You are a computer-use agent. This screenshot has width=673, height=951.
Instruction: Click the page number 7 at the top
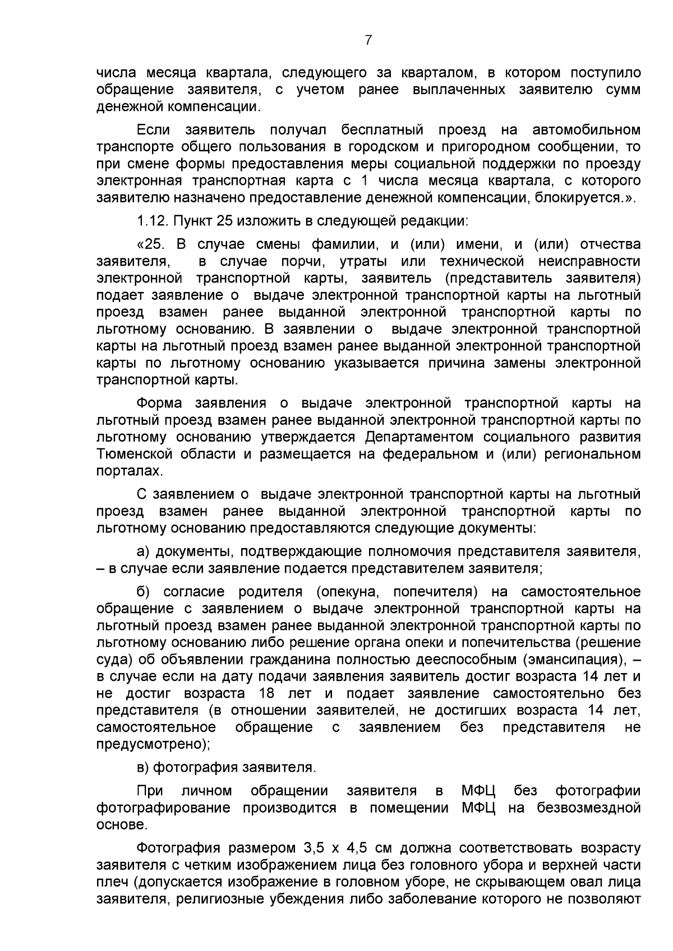coord(368,40)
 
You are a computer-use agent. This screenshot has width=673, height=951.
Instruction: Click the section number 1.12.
coord(153,220)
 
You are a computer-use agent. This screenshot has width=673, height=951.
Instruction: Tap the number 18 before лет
coord(267,693)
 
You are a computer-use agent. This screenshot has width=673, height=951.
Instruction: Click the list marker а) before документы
coord(143,551)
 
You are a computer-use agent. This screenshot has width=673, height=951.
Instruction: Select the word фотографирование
coord(163,808)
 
